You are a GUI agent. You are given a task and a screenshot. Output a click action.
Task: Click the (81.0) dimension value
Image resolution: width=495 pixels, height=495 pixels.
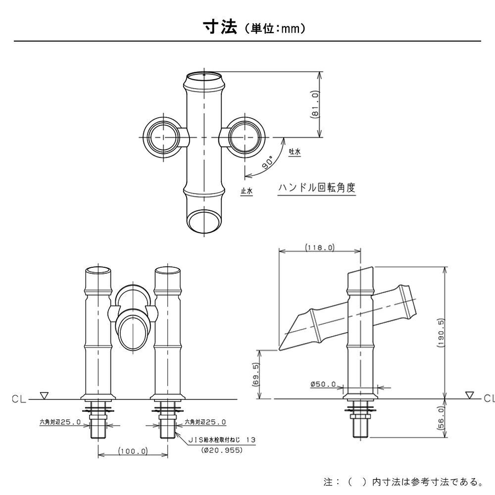315,104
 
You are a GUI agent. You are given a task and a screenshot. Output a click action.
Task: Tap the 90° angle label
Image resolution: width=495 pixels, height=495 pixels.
268,163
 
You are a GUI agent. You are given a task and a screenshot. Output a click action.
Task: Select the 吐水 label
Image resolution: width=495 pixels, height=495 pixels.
295,153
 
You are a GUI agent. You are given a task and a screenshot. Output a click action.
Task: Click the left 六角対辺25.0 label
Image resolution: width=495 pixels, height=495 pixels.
60,422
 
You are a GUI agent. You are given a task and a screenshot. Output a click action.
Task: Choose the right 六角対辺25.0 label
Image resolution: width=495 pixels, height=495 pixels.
205,422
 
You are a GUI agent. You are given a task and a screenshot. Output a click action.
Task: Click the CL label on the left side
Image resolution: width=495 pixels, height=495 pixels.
18,398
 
